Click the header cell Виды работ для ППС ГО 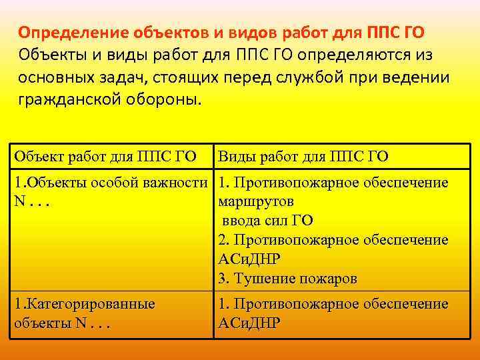[x=303, y=157]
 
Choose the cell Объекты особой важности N [x=112, y=191]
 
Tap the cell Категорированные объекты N [x=84, y=313]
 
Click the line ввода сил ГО [x=267, y=220]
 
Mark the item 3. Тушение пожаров [x=287, y=277]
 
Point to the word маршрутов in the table [x=256, y=201]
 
